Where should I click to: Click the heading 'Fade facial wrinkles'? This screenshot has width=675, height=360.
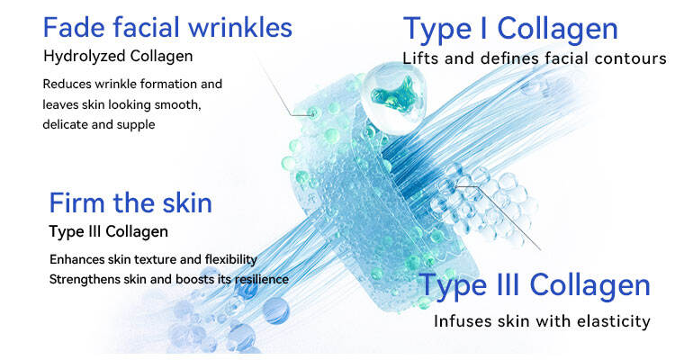[167, 27]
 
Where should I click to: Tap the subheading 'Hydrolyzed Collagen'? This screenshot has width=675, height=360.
[118, 57]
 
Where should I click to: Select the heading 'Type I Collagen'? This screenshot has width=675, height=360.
[510, 30]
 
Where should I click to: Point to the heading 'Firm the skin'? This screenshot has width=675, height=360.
[130, 202]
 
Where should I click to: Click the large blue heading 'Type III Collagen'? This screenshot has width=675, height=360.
[535, 285]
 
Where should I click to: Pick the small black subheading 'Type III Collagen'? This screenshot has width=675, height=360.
[109, 231]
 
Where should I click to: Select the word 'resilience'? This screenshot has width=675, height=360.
[261, 279]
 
